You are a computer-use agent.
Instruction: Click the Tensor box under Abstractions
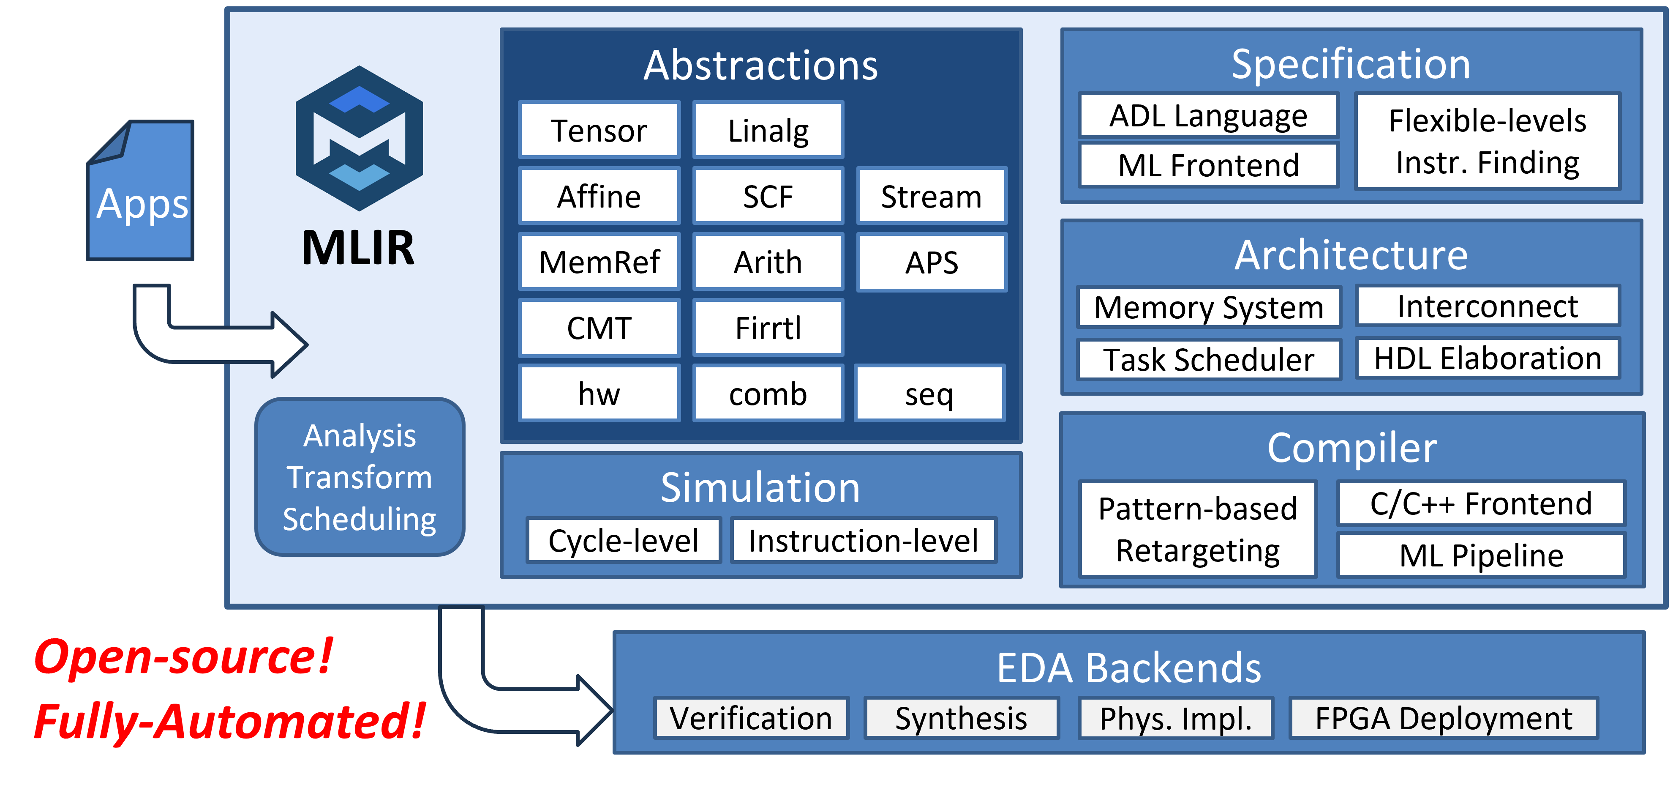(x=599, y=130)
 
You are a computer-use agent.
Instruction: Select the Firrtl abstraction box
(x=768, y=328)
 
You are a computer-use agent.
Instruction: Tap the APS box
(x=931, y=262)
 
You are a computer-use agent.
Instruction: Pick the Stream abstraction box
(x=931, y=196)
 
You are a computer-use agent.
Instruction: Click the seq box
(x=929, y=394)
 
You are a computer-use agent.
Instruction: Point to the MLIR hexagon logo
(x=359, y=138)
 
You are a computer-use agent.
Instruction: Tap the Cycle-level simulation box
(x=623, y=540)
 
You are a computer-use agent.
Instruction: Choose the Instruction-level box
(x=863, y=540)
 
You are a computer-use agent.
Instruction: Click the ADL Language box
(x=1208, y=116)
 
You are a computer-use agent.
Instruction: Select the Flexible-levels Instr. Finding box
(x=1487, y=142)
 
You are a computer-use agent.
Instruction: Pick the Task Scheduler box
(x=1208, y=359)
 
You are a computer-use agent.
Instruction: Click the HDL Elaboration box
(x=1487, y=358)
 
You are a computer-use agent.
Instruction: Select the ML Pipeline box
(x=1481, y=555)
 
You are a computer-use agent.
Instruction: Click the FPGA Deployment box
(x=1443, y=718)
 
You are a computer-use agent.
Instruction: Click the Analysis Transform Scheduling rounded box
(x=359, y=477)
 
